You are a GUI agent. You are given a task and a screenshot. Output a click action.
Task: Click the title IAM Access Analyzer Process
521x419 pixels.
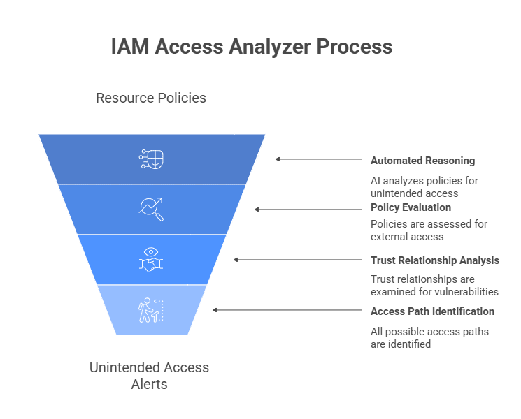coord(252,47)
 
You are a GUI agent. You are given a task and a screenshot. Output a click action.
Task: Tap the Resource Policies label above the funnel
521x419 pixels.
coord(151,98)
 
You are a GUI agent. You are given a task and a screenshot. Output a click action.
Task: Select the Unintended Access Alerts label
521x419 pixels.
coord(149,375)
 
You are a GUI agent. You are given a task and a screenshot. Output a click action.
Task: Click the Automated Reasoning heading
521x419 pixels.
coord(422,161)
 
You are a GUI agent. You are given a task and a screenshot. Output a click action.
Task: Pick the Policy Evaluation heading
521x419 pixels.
coord(411,207)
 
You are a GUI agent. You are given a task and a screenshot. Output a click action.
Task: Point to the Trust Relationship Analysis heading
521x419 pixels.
coord(434,260)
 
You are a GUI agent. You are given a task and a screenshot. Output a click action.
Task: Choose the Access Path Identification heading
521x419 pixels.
coord(432,311)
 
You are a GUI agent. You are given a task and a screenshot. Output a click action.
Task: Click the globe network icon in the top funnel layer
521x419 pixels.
coord(152,159)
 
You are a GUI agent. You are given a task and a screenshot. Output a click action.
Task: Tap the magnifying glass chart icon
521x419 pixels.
coord(152,208)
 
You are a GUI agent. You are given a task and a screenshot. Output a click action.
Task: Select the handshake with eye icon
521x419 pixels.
coord(152,259)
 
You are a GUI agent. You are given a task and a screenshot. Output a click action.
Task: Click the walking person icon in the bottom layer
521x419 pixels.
coord(151,310)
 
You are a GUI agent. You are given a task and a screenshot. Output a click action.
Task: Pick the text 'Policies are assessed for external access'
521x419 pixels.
coord(429,230)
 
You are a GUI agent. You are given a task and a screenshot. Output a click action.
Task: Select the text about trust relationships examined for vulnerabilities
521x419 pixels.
coord(434,285)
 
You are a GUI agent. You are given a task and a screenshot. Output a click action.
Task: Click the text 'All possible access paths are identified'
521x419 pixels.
coord(429,337)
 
